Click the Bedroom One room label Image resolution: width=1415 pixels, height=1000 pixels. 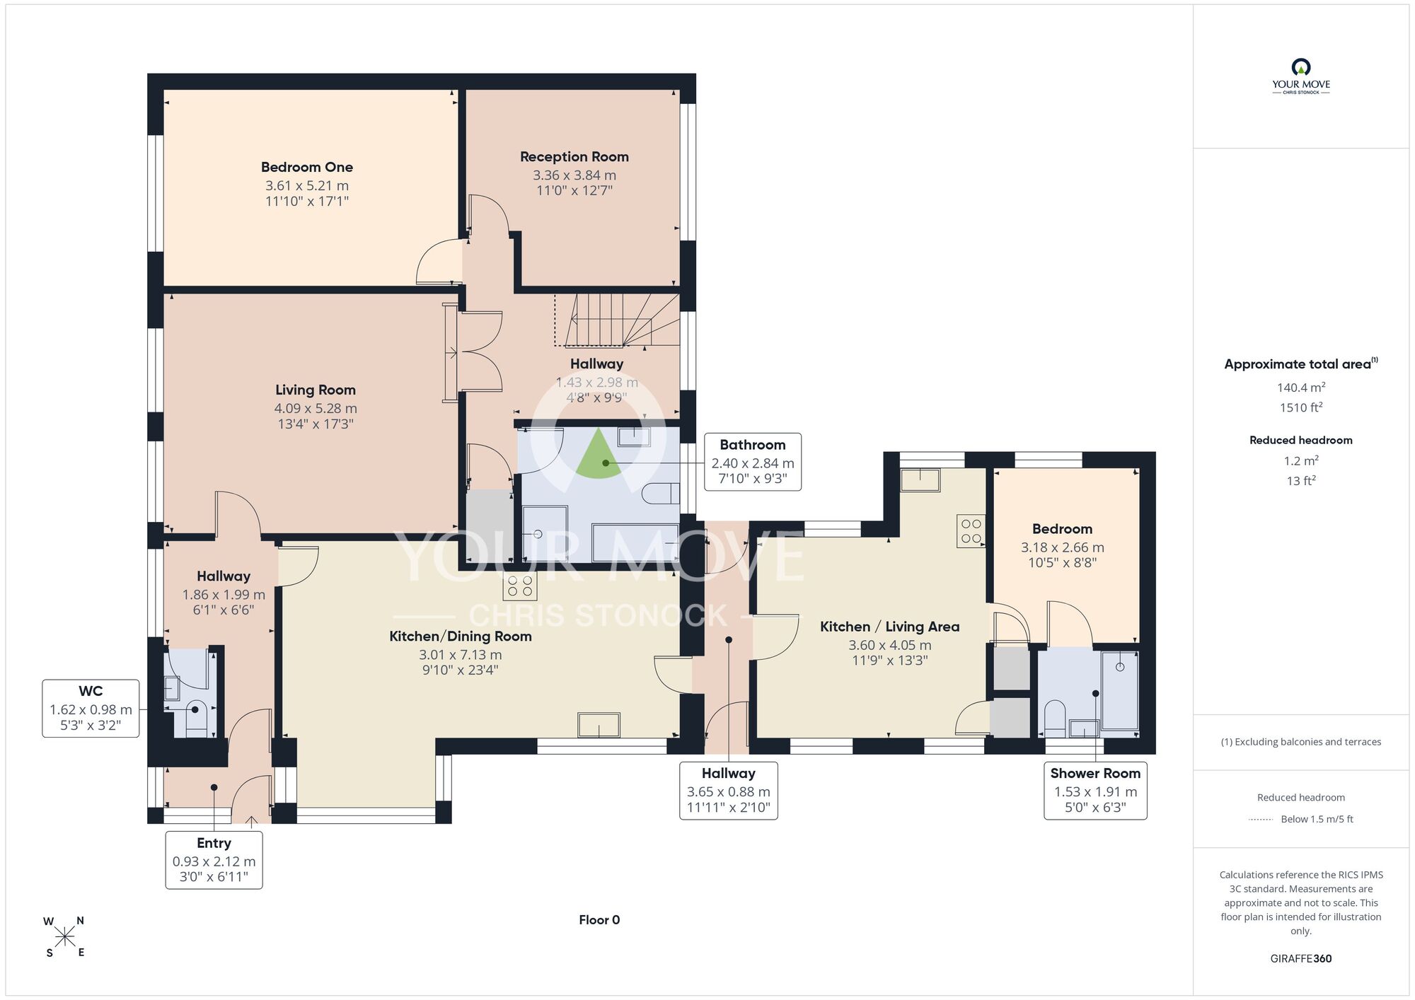coord(307,167)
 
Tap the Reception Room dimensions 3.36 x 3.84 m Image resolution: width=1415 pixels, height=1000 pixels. coord(574,175)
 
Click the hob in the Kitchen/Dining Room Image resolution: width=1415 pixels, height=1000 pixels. coord(520,586)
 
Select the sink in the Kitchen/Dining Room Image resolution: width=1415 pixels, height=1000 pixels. coord(599,726)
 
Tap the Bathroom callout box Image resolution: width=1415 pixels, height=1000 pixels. coord(753,462)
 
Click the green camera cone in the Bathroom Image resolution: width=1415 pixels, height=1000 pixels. coord(599,454)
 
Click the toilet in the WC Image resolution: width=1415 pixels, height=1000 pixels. coord(196,717)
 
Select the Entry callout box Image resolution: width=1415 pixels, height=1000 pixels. coord(214,860)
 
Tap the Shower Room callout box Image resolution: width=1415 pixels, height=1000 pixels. coord(1095,791)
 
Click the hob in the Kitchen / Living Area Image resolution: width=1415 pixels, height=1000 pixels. coord(971,531)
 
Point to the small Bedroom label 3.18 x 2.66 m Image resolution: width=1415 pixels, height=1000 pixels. coord(1062,547)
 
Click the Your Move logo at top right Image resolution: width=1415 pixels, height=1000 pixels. coord(1301,76)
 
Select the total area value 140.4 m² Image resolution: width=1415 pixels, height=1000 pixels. coord(1301,387)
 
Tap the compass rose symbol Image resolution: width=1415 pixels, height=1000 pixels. coord(64,937)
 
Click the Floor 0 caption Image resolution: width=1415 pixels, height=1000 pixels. coord(599,920)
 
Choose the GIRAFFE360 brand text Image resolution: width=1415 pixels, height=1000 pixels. coord(1301,959)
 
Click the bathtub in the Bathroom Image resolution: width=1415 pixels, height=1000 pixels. coord(635,542)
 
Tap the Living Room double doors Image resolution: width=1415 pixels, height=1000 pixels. coord(480,351)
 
